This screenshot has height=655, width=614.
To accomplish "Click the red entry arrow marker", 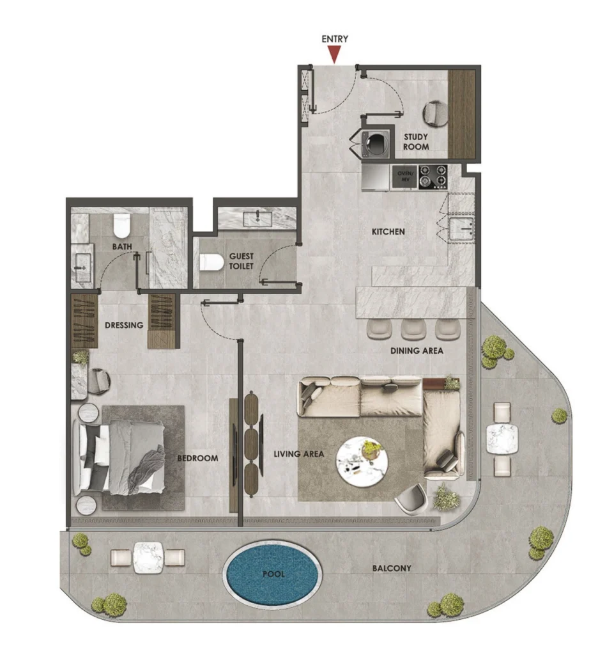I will (334, 56).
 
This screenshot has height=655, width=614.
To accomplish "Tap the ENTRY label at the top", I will (335, 39).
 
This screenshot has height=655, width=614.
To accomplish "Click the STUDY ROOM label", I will (415, 142).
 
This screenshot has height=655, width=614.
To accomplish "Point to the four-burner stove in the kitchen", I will (433, 177).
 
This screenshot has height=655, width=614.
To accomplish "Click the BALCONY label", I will (392, 568).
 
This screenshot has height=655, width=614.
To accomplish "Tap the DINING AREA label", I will (417, 351).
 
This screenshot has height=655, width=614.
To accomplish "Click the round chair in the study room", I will (438, 113).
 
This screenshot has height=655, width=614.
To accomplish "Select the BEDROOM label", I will (197, 458).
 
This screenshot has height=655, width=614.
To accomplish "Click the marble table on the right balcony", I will (502, 439).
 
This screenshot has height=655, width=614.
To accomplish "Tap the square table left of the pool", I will (148, 557).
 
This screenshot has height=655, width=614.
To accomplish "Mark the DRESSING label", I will (124, 325).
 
